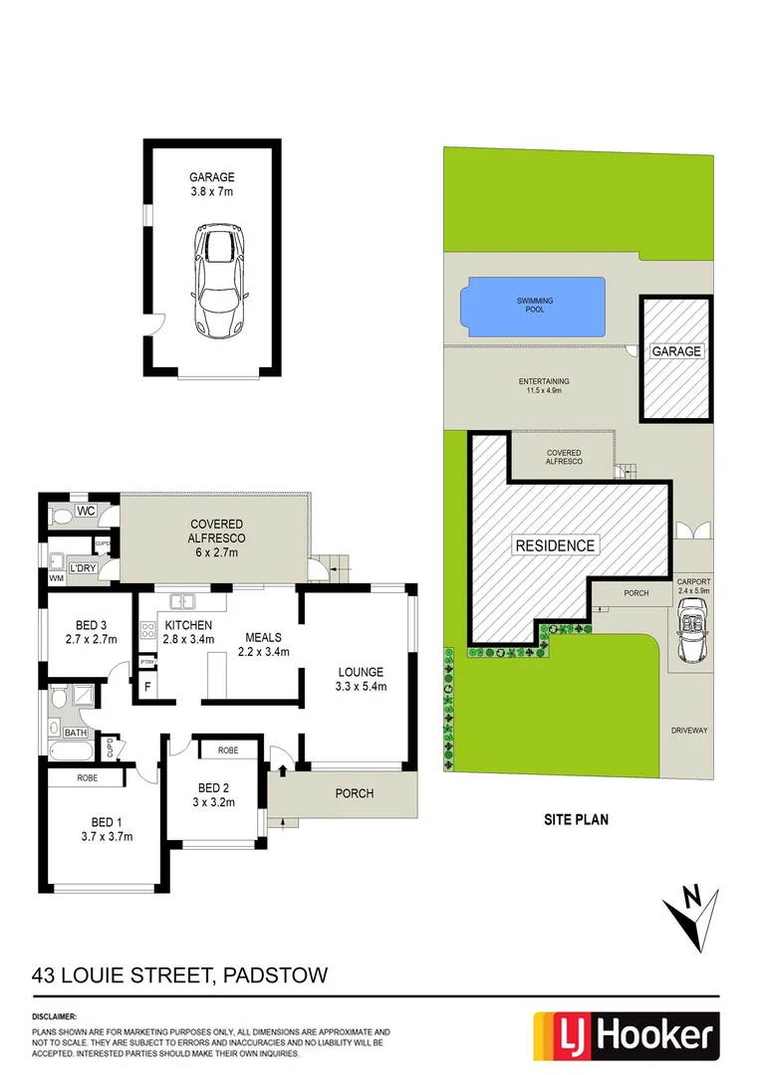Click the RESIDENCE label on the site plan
pyautogui.click(x=555, y=545)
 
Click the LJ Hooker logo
pyautogui.click(x=626, y=1036)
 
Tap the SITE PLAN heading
pyautogui.click(x=576, y=821)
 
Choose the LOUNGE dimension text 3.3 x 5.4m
pyautogui.click(x=360, y=687)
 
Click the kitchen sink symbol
pyautogui.click(x=181, y=601)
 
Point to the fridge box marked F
pyautogui.click(x=148, y=687)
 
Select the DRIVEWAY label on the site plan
pyautogui.click(x=689, y=731)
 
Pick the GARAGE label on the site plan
pyautogui.click(x=676, y=351)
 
